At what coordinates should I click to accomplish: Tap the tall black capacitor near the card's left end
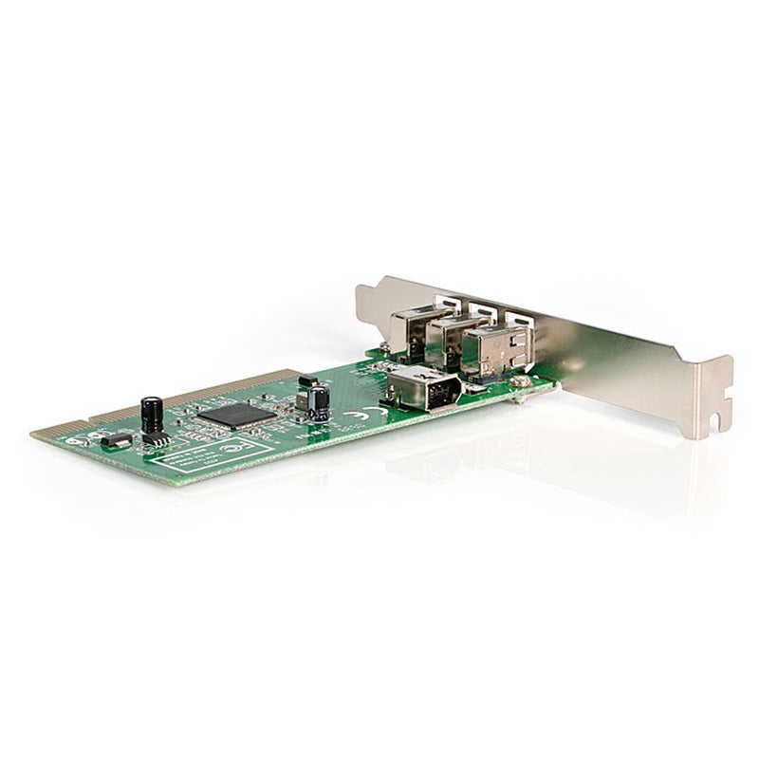[x=151, y=415]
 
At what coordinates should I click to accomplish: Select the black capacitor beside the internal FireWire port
[x=319, y=403]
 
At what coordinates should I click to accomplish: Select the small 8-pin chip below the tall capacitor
[x=157, y=437]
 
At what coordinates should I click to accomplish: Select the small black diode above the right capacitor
[x=305, y=380]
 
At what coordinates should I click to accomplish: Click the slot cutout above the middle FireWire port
[x=482, y=309]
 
